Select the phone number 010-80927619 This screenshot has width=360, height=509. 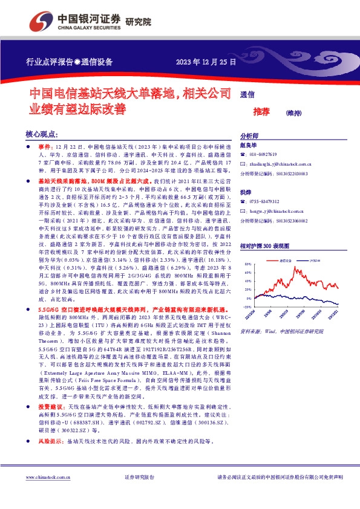tap(267, 155)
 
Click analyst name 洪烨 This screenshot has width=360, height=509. tap(246, 192)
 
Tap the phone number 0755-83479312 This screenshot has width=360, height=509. tap(267, 201)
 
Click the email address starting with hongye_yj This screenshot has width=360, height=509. tap(278, 212)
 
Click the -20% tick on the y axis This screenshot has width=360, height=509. tap(247, 306)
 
